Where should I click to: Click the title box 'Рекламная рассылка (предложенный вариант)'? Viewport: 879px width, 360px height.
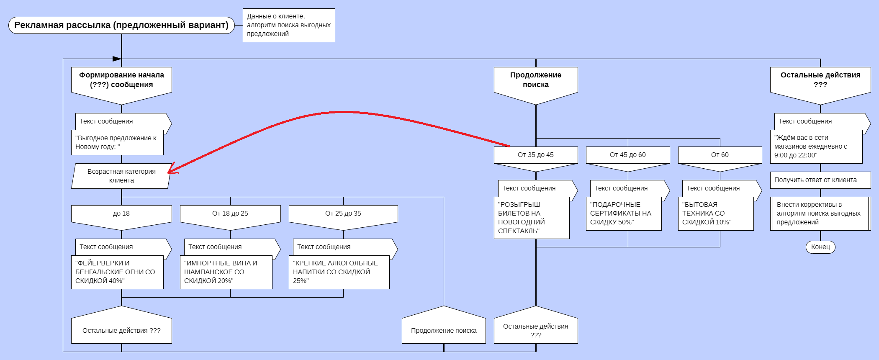tap(121, 25)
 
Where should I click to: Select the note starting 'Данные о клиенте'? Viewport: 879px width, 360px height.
tap(289, 25)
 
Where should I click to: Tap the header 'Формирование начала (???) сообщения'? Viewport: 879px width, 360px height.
tap(121, 82)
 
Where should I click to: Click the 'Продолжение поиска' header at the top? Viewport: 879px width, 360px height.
tap(536, 82)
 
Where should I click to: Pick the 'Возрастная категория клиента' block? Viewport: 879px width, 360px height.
tap(121, 176)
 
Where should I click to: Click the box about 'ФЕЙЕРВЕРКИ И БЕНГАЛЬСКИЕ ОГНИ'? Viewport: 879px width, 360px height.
tap(117, 272)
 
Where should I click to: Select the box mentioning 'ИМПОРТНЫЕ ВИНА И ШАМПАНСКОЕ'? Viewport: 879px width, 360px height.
tap(226, 272)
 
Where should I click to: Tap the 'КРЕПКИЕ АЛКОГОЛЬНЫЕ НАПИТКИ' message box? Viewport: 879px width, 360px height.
tap(339, 272)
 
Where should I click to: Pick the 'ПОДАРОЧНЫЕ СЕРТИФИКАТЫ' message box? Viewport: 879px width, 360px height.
tap(624, 213)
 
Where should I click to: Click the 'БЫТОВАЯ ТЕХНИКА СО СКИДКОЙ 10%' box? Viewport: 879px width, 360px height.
tap(716, 213)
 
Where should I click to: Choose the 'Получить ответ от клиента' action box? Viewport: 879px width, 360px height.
tap(820, 180)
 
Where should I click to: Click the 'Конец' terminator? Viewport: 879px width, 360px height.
tap(820, 247)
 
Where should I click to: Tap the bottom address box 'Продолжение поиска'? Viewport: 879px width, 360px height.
tap(444, 329)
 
